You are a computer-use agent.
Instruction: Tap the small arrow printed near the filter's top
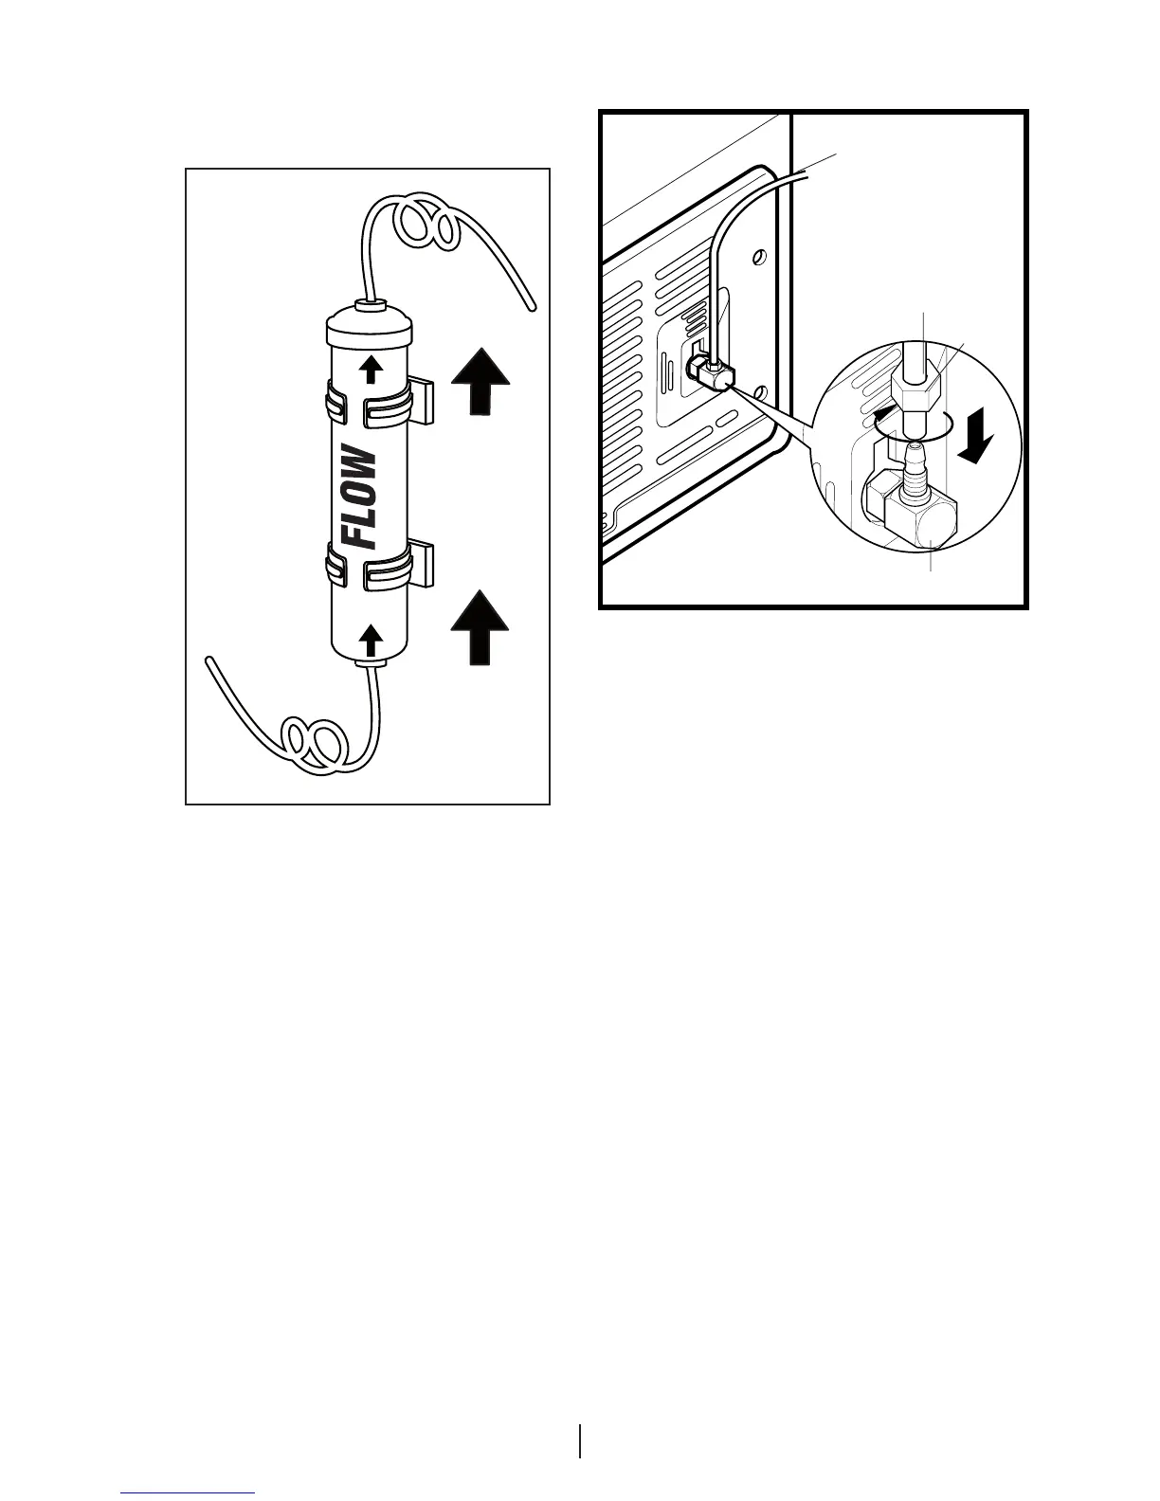372,368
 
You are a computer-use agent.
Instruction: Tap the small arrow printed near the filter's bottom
372,640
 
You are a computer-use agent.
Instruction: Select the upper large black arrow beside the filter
480,382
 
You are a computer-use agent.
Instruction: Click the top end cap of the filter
370,328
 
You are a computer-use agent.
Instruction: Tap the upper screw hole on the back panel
758,257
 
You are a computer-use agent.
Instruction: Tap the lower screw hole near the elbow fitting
757,390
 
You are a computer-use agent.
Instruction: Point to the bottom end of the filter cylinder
370,654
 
